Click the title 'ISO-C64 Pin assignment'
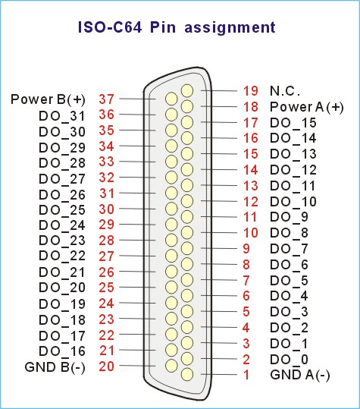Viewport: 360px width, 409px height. (x=177, y=27)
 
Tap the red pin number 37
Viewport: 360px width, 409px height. (x=106, y=99)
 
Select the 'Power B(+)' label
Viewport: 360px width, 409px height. (x=48, y=99)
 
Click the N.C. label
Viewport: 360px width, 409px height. (x=285, y=91)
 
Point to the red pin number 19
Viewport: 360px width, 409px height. (x=251, y=91)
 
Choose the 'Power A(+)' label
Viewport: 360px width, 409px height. (x=307, y=107)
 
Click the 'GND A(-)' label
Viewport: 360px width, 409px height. (x=300, y=375)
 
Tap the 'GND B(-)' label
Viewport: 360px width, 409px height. (x=55, y=367)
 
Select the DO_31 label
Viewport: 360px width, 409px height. (x=62, y=116)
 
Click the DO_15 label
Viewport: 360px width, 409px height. (x=293, y=123)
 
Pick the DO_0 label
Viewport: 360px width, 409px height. (x=290, y=360)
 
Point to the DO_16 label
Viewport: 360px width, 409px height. (x=62, y=351)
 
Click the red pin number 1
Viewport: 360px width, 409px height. (x=246, y=375)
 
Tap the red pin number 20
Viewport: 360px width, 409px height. (x=106, y=367)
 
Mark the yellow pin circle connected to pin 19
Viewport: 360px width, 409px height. (x=187, y=91)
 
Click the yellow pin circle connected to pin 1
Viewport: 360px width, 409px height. (x=187, y=374)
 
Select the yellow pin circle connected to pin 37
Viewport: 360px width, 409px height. (x=171, y=99)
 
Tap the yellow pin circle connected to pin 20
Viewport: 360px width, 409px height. (x=171, y=366)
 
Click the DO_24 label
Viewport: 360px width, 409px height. (x=62, y=225)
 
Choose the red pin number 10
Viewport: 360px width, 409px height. (x=251, y=233)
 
